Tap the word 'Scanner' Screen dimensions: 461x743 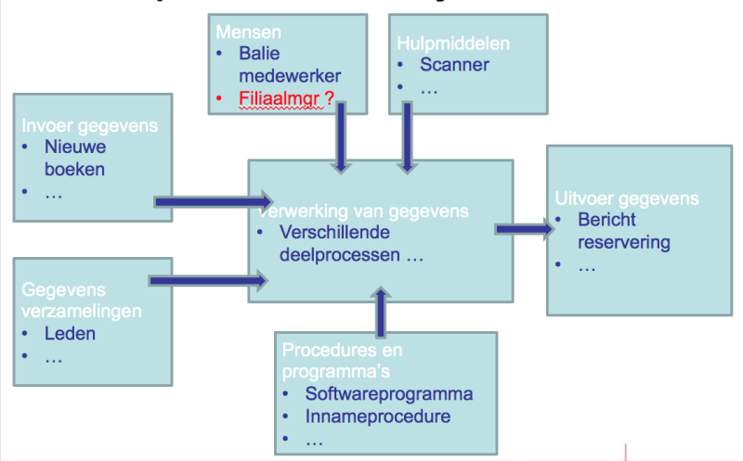pos(454,65)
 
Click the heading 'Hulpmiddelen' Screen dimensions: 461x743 pos(452,44)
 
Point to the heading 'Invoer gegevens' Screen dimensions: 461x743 pos(91,126)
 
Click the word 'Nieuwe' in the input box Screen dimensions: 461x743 pos(75,147)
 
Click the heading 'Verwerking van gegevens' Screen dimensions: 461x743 pos(363,211)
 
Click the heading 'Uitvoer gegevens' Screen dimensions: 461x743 pos(626,198)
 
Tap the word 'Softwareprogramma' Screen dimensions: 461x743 pos(389,393)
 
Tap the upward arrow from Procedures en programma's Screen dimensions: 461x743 pos(380,312)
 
